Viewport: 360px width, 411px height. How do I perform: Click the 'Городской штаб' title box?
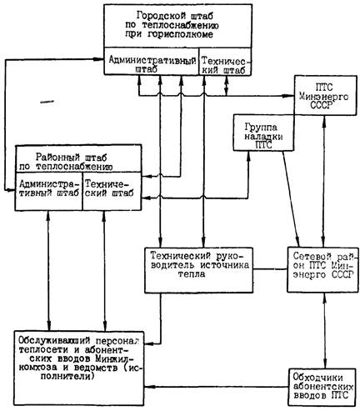tap(178, 26)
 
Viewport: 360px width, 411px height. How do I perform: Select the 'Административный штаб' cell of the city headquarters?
tap(152, 61)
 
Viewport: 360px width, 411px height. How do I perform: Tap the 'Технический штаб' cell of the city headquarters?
tap(225, 61)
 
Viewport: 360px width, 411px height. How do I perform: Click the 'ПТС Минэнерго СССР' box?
tap(326, 95)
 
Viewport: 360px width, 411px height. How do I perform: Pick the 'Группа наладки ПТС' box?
tap(263, 133)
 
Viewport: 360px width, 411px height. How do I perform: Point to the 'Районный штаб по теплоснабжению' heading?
tap(78, 158)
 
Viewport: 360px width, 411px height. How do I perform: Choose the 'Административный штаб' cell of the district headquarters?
tap(49, 191)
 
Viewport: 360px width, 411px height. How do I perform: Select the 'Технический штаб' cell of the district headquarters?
tap(112, 191)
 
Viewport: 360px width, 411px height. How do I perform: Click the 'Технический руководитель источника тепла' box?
tap(198, 270)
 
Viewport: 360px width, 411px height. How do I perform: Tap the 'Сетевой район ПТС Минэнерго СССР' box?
tap(322, 269)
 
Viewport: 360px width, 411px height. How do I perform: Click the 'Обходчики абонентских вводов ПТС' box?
tap(322, 387)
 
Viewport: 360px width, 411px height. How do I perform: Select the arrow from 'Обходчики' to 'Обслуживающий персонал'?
tap(217, 386)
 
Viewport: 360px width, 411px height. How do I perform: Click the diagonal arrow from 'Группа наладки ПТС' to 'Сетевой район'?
tap(291, 199)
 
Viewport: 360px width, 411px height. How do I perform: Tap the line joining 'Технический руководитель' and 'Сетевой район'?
tap(270, 269)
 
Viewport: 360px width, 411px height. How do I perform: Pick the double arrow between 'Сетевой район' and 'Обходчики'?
tap(325, 330)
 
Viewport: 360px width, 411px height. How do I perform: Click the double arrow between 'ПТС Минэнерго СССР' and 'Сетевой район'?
tap(323, 181)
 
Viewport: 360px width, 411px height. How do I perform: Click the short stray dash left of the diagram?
tap(47, 102)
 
